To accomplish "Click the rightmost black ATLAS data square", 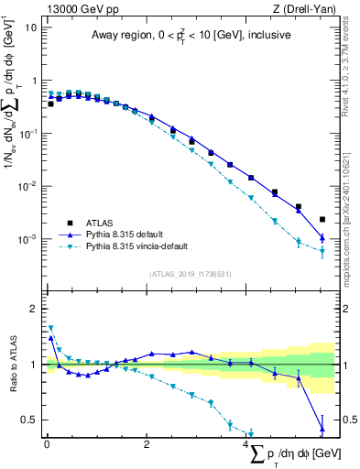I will pyautogui.click(x=322, y=220).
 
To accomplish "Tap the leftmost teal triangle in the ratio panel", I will pyautogui.click(x=50, y=328).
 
